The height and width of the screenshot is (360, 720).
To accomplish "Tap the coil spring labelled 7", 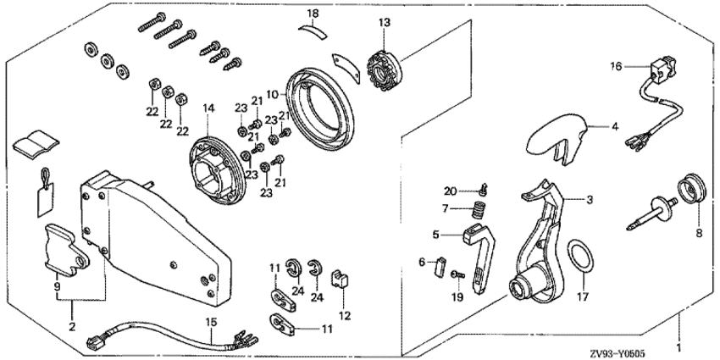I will (479, 208).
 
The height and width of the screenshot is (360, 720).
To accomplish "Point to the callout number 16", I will (616, 64).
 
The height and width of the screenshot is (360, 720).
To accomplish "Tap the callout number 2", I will (71, 326).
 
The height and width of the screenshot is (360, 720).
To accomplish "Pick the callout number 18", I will (313, 14).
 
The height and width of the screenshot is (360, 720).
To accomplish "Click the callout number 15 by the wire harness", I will (212, 321).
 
